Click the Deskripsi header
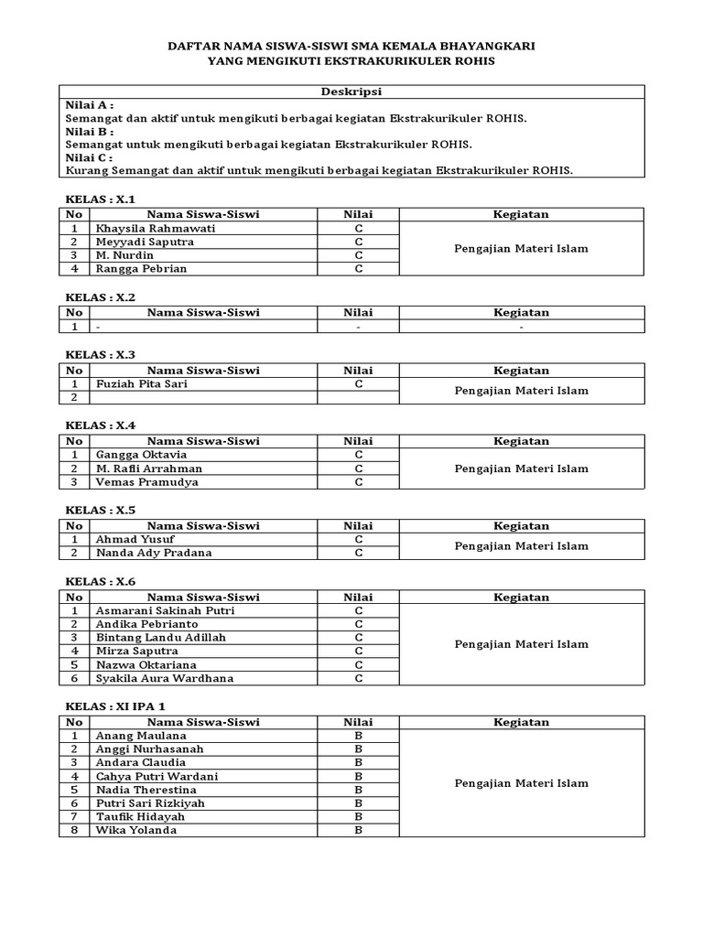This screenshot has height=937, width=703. [x=351, y=92]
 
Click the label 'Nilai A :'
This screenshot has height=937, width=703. [x=91, y=105]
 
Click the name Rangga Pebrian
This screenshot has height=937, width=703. [x=140, y=269]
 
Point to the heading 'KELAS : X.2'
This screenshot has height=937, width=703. [x=101, y=297]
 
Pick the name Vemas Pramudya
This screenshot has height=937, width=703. [x=146, y=482]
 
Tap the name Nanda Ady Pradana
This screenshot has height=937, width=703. [x=153, y=553]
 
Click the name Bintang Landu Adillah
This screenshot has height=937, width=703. [x=160, y=637]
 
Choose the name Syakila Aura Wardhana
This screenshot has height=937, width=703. [x=165, y=678]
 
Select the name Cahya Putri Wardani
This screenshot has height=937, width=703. [x=157, y=776]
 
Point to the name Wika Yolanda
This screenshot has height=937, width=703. [x=136, y=830]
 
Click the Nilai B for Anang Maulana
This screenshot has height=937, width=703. [x=359, y=736]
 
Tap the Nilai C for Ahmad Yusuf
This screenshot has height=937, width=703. [x=359, y=539]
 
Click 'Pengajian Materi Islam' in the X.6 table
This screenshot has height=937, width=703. [x=521, y=644]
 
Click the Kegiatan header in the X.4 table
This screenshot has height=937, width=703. [x=521, y=441]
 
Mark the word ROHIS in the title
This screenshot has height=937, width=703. [x=474, y=61]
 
